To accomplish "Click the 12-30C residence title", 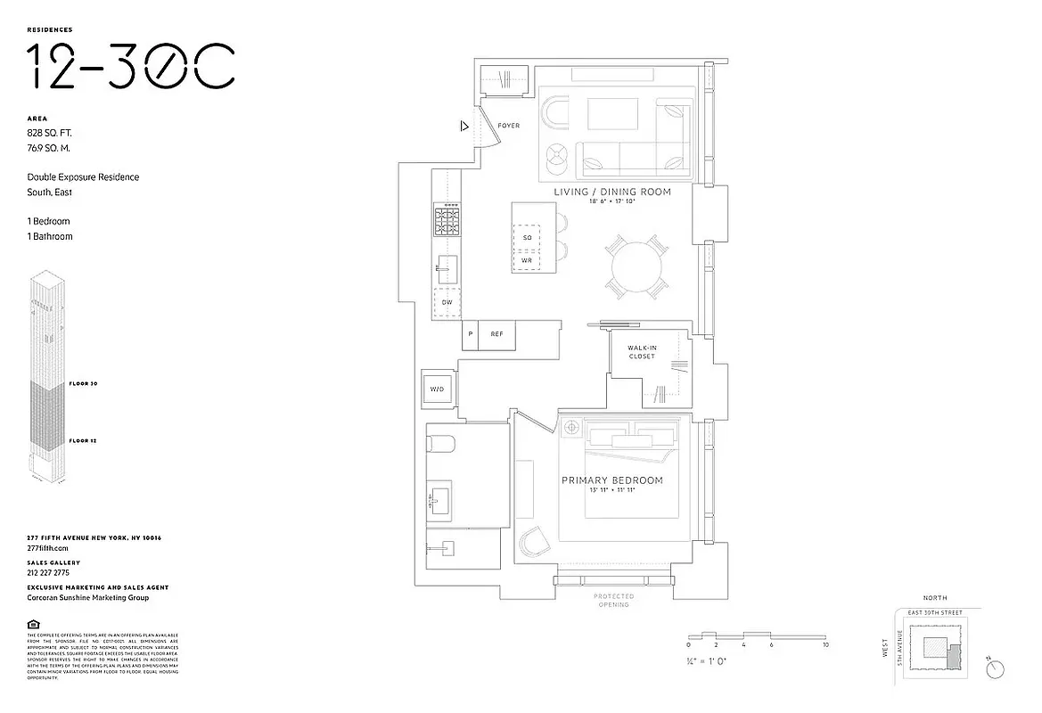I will pos(130,66).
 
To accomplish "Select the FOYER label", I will pos(508,126).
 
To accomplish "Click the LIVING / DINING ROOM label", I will pos(611,192).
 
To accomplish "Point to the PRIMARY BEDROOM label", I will pos(611,480).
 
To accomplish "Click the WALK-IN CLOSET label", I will pos(641,352).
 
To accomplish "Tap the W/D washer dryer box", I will pos(438,389).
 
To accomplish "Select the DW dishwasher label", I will pos(446,303).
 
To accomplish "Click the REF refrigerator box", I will pos(496,334).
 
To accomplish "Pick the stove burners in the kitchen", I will pos(446,220).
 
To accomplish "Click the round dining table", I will pos(636,266).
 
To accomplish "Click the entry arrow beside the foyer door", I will pos(464,126).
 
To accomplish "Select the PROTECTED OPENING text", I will pos(613,601).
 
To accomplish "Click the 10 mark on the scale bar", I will pos(825,643).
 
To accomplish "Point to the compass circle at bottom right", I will pos(997,668).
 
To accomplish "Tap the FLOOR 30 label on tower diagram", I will pos(83,383).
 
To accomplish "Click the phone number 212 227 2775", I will pos(49,573).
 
